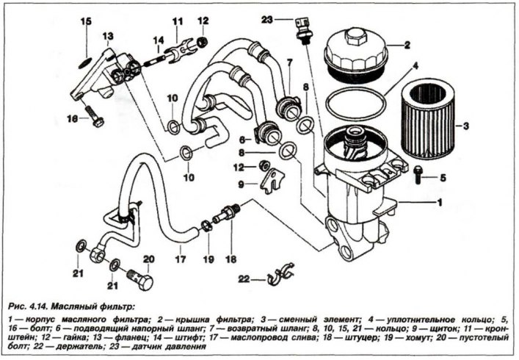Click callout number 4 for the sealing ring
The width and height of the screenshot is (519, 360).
tap(415, 67)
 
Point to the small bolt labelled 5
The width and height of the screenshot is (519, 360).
tap(419, 174)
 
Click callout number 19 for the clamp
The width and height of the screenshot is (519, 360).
tap(208, 259)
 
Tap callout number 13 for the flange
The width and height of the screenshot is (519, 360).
tap(108, 36)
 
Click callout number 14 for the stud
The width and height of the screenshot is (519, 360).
tap(157, 40)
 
